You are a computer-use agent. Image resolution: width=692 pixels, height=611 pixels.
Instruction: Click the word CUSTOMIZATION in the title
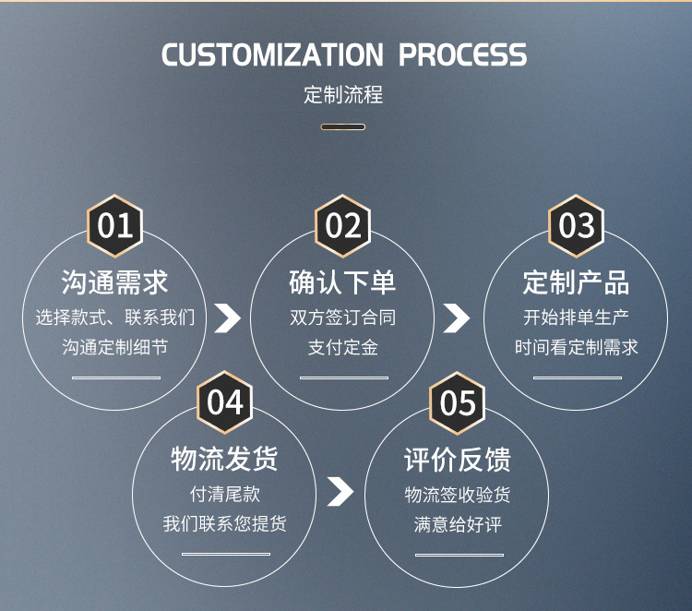(x=272, y=54)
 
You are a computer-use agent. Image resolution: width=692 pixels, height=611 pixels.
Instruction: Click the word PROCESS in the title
(x=462, y=54)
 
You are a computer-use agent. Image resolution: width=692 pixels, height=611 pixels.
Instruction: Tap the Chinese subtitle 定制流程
(x=343, y=95)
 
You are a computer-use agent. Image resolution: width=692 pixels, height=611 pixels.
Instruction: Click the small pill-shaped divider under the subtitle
(x=343, y=127)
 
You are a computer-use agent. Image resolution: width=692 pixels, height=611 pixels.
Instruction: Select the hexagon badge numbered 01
(x=114, y=225)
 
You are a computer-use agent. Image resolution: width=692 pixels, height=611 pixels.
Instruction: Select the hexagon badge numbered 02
(x=343, y=225)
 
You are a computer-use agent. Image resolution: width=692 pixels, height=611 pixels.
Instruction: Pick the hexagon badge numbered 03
(x=576, y=225)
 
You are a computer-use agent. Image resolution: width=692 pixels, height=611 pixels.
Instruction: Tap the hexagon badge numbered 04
(x=224, y=402)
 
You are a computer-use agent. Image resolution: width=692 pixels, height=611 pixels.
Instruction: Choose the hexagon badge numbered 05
(x=458, y=403)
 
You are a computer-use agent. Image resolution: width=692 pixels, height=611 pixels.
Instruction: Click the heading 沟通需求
(x=114, y=282)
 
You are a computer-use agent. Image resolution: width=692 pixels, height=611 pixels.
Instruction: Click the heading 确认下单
(x=342, y=282)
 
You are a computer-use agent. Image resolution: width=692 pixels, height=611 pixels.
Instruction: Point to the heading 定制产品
(x=576, y=282)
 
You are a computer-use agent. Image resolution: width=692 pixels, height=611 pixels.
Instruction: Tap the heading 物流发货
(x=224, y=459)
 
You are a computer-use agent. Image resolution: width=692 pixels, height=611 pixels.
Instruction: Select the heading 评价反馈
(x=458, y=460)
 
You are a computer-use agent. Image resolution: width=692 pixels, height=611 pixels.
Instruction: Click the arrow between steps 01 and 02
(x=228, y=317)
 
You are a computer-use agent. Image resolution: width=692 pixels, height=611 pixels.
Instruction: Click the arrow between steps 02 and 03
(x=457, y=317)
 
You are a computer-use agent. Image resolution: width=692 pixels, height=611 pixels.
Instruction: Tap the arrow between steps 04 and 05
(x=340, y=491)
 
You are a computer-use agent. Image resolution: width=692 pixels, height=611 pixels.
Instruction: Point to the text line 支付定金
(x=343, y=347)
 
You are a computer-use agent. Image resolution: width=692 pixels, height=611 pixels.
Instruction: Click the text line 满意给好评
(x=458, y=524)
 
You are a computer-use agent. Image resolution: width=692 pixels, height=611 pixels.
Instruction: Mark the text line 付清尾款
(x=224, y=494)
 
